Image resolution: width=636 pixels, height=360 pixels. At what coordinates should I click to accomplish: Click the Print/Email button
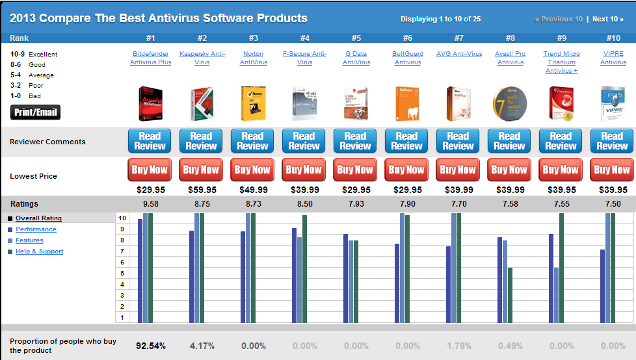click(36, 112)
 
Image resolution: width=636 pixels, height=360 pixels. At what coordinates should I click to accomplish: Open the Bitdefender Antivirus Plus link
click(150, 58)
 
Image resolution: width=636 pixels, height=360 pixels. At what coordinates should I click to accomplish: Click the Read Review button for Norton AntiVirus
click(252, 141)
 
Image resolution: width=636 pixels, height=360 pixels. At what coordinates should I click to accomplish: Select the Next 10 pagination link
click(607, 19)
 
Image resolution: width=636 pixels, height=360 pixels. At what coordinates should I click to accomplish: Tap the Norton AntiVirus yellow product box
click(253, 103)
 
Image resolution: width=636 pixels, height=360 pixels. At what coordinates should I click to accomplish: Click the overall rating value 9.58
click(150, 204)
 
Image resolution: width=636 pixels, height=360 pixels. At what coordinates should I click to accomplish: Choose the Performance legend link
click(36, 229)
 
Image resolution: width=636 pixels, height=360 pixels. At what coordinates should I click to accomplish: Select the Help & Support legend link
click(39, 251)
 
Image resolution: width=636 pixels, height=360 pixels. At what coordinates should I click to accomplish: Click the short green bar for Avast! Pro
click(510, 295)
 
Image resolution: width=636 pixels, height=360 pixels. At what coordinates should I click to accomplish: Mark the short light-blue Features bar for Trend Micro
click(557, 295)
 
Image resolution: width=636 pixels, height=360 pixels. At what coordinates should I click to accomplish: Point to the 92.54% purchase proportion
click(150, 346)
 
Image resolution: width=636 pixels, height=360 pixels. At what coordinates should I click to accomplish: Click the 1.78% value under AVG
click(458, 346)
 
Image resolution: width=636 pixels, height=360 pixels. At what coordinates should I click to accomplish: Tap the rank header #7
click(458, 38)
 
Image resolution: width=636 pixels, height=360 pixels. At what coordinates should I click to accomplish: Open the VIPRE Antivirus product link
click(613, 58)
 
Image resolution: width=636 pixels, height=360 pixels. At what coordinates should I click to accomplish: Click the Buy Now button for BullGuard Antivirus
click(406, 170)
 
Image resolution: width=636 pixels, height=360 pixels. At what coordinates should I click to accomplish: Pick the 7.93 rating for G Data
click(356, 204)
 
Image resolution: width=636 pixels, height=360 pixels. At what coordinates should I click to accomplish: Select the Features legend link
click(29, 240)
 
